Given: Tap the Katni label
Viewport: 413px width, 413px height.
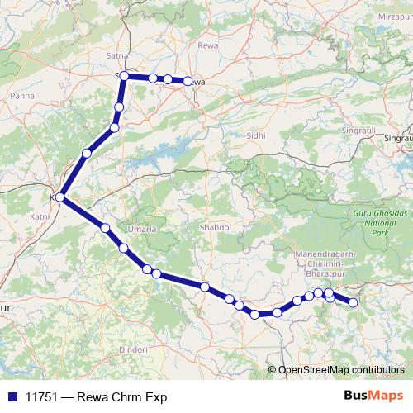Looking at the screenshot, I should click(x=38, y=216).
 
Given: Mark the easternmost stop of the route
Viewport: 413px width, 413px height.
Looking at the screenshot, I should click(x=354, y=302).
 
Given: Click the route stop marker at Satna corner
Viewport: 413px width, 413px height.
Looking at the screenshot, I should click(x=124, y=76).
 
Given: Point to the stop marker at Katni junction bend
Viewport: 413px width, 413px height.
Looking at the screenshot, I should click(x=59, y=197).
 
